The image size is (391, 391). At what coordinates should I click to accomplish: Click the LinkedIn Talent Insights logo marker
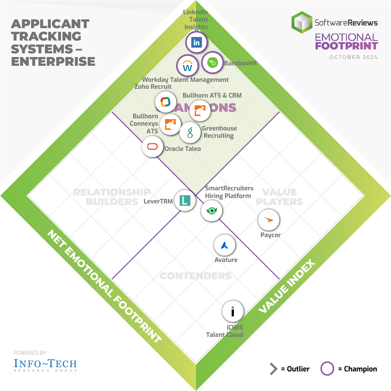(197, 42)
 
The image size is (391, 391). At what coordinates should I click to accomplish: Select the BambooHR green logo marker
(212, 63)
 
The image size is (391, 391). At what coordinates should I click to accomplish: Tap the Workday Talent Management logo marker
(187, 67)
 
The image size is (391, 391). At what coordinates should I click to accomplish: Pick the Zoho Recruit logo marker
(166, 102)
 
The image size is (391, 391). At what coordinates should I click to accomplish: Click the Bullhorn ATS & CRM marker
(200, 110)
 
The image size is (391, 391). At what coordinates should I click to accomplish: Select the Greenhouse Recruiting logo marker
(190, 132)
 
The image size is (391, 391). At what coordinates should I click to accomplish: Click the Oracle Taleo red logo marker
(152, 147)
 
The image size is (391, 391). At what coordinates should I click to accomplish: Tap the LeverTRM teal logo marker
(185, 200)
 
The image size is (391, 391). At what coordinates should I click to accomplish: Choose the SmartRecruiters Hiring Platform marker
(212, 210)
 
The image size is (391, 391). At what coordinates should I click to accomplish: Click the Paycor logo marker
(269, 220)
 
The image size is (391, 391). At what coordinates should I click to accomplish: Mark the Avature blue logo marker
(225, 246)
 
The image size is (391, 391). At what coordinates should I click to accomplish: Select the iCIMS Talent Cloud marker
(233, 312)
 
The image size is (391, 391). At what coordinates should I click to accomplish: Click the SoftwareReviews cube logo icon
(302, 23)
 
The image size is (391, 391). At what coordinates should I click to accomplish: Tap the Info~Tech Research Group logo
(45, 364)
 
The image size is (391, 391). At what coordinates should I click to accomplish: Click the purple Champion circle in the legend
(327, 369)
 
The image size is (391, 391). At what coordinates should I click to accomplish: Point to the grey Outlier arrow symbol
(273, 369)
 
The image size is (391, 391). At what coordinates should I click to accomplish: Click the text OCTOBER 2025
(353, 57)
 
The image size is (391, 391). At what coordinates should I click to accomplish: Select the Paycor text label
(270, 235)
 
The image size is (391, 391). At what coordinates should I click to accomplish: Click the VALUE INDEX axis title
(287, 286)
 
